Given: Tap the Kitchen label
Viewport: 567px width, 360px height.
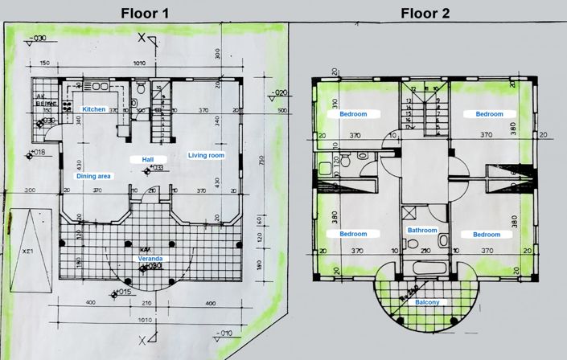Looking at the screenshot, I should click(x=94, y=108).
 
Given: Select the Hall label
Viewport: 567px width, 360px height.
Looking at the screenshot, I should click(x=148, y=159).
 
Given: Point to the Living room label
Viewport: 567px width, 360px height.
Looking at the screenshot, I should click(x=206, y=155).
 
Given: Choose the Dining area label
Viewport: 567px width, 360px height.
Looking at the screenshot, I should click(x=94, y=175).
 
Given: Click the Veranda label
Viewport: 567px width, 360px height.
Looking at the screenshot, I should click(x=148, y=259).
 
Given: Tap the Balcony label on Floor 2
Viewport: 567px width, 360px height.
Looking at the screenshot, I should click(x=427, y=303).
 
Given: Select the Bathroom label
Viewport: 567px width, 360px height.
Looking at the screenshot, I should click(x=422, y=230).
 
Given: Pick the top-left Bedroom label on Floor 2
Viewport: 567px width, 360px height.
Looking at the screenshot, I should click(x=353, y=114).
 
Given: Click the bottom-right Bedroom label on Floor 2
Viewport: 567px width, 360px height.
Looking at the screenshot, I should click(x=486, y=235).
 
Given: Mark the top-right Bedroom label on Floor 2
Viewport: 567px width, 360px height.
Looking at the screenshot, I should click(x=489, y=114).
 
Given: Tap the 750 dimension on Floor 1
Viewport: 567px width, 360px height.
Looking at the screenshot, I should click(x=262, y=159).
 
